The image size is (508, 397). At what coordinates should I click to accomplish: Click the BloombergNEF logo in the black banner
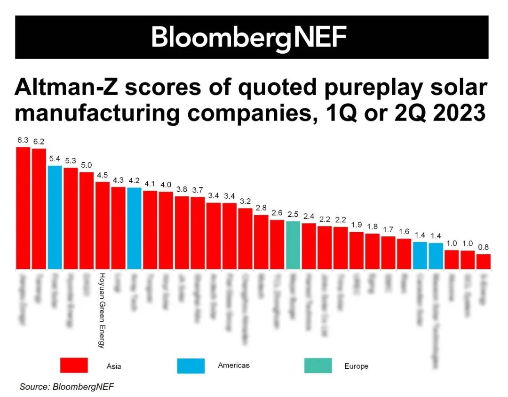pos(249,37)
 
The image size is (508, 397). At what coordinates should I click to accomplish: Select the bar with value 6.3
pos(23,208)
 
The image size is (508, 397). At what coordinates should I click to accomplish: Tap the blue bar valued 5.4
pos(55,217)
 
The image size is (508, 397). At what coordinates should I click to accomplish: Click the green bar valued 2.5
pos(293,245)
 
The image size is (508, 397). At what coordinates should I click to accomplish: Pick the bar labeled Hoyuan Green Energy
pos(103,225)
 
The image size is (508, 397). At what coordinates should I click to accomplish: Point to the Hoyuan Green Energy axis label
pos(101,310)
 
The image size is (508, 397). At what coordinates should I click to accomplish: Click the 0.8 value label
pos(483,247)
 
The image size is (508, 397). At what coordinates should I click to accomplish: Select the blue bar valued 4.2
pos(134,228)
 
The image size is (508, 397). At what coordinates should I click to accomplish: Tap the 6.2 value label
pos(39,141)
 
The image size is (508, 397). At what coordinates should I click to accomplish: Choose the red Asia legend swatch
pos(74,365)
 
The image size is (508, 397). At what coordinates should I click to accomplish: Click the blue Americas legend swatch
pos(191,365)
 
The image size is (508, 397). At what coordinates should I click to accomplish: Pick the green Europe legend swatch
pos(318,365)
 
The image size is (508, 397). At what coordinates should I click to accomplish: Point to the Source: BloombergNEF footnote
pos(67,387)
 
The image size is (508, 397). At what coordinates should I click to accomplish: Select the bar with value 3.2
pos(245,238)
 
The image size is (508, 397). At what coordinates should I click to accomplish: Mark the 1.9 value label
pos(356,225)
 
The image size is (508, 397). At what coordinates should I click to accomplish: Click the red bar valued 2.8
pos(261,242)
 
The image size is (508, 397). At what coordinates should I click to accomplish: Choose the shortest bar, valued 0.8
pos(483,261)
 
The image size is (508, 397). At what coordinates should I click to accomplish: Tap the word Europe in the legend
pos(356,366)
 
